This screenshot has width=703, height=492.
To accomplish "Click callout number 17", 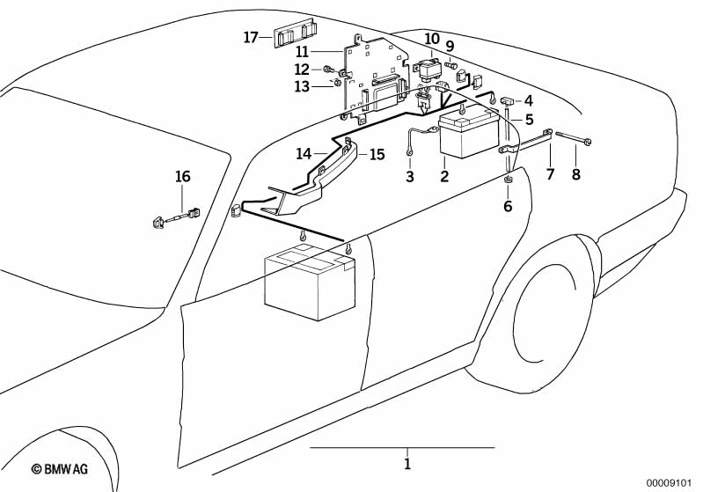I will pos(251,37).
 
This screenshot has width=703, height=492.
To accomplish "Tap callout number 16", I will pos(182,176).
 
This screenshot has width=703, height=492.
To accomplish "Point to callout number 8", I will pos(576,174).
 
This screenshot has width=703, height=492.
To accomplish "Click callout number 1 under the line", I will pos(407,463).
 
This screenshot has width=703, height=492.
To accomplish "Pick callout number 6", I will pos(507,207).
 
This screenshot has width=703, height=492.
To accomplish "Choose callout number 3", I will pos(409,177).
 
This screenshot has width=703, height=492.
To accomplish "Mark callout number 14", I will pos(304,153).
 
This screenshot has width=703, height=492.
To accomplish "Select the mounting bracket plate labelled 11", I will pos(374,75).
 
